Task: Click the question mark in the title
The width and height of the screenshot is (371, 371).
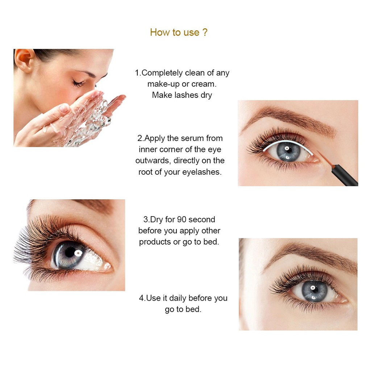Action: pyautogui.click(x=205, y=32)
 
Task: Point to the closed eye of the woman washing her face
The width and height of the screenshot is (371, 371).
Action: pyautogui.click(x=79, y=83)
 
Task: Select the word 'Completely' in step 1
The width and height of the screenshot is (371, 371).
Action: pyautogui.click(x=162, y=73)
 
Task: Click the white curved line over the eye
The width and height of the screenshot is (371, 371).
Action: pyautogui.click(x=287, y=142)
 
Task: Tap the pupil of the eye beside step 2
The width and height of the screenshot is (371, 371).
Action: pyautogui.click(x=288, y=150)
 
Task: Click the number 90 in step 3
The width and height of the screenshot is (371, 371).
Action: pyautogui.click(x=182, y=220)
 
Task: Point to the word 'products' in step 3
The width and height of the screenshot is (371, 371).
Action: pyautogui.click(x=155, y=242)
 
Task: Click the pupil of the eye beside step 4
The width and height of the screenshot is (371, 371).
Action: pyautogui.click(x=314, y=289)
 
